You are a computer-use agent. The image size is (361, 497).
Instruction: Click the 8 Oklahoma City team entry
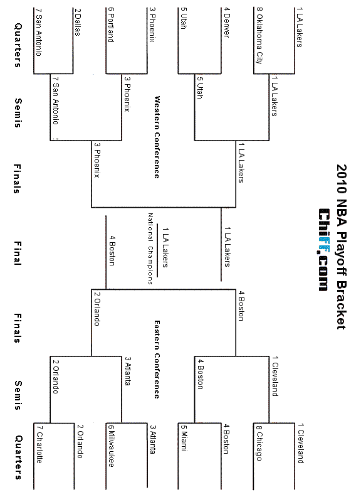click(x=259, y=36)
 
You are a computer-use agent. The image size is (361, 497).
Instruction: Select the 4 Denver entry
click(x=227, y=23)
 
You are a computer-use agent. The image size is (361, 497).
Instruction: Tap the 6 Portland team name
click(x=110, y=24)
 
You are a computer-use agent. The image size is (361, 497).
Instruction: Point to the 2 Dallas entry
click(x=77, y=22)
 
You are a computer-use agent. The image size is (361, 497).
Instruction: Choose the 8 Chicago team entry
click(x=259, y=442)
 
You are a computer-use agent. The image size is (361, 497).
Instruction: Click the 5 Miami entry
click(x=184, y=438)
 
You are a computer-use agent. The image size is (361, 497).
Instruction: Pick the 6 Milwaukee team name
click(x=111, y=446)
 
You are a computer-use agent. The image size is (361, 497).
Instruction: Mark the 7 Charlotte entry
click(x=39, y=444)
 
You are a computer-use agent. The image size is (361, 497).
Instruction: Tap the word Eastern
click(x=157, y=335)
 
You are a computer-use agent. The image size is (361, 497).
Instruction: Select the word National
click(x=150, y=227)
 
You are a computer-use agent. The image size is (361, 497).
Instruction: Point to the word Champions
click(x=150, y=265)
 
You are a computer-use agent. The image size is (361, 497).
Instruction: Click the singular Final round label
click(x=18, y=253)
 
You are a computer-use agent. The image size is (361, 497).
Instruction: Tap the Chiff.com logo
click(x=323, y=250)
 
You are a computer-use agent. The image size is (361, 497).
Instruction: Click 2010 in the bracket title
click(x=342, y=179)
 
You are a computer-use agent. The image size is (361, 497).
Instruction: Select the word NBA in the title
click(x=342, y=213)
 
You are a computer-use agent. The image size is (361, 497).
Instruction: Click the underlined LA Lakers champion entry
click(x=165, y=247)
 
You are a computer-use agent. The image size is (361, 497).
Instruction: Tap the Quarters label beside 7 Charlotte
click(x=18, y=457)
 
